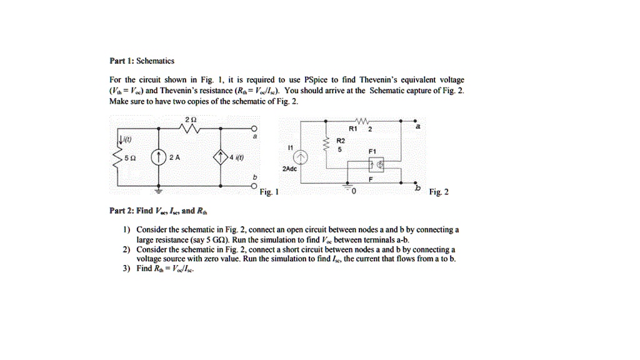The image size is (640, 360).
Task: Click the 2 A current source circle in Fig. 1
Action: [x=159, y=157]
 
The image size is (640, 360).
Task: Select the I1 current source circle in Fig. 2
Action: [x=301, y=157]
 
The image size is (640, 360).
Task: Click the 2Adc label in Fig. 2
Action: [x=290, y=169]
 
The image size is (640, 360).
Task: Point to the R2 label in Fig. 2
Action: [x=340, y=141]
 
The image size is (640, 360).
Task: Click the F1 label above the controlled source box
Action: [x=372, y=151]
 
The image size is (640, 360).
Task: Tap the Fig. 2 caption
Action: [x=439, y=192]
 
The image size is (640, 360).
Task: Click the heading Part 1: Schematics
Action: [x=141, y=61]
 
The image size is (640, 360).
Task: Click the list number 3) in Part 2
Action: [x=127, y=268]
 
